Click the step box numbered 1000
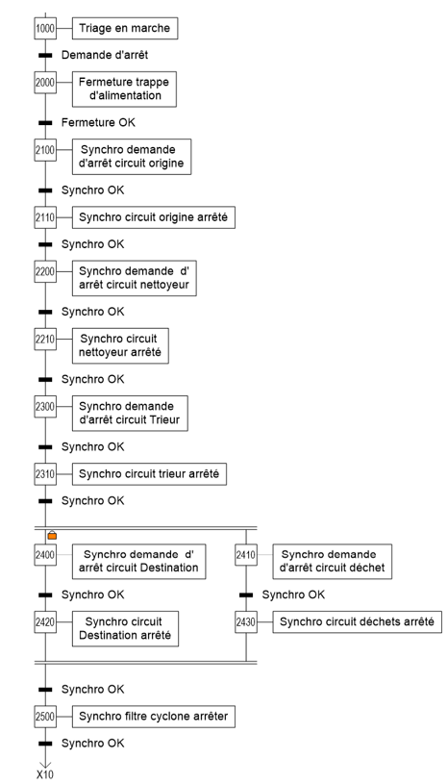tap(45, 28)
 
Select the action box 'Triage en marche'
tap(125, 28)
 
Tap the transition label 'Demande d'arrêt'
tap(105, 55)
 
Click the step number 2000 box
tap(45, 83)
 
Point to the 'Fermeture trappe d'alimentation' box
tap(124, 89)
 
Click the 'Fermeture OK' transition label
tap(98, 122)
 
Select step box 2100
tap(45, 150)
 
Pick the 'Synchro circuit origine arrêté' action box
tap(153, 217)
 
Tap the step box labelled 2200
tap(45, 271)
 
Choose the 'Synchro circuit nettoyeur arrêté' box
tap(120, 345)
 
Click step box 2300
tap(45, 407)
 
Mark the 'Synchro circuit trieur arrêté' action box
tap(149, 474)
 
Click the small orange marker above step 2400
tap(52, 536)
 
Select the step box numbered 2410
tap(246, 555)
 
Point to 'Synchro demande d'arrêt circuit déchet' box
tap(332, 562)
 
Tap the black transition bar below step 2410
tap(246, 595)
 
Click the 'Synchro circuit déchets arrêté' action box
tap(357, 622)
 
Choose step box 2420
tap(45, 622)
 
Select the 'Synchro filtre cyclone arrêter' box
tap(153, 717)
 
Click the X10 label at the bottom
tap(45, 774)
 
